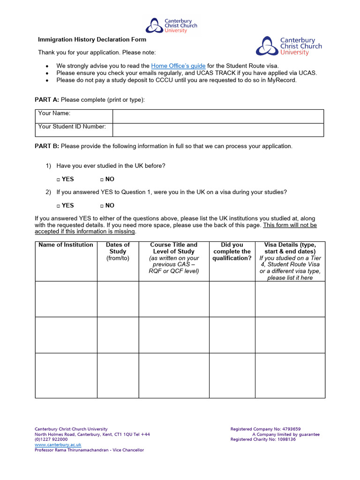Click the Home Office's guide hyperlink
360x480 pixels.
(x=178, y=66)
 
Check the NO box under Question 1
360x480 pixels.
(x=102, y=180)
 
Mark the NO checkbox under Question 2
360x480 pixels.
(x=102, y=206)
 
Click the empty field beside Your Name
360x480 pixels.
(x=218, y=116)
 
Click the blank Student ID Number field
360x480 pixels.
(x=218, y=130)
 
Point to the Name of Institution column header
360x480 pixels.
(x=66, y=245)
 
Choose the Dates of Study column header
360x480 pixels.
(x=118, y=251)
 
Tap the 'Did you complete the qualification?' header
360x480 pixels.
(x=232, y=251)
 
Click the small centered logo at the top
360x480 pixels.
(x=171, y=25)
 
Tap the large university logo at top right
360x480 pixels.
(x=289, y=46)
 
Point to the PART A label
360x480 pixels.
(x=47, y=100)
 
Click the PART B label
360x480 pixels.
(x=47, y=146)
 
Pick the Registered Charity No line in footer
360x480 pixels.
(x=263, y=440)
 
